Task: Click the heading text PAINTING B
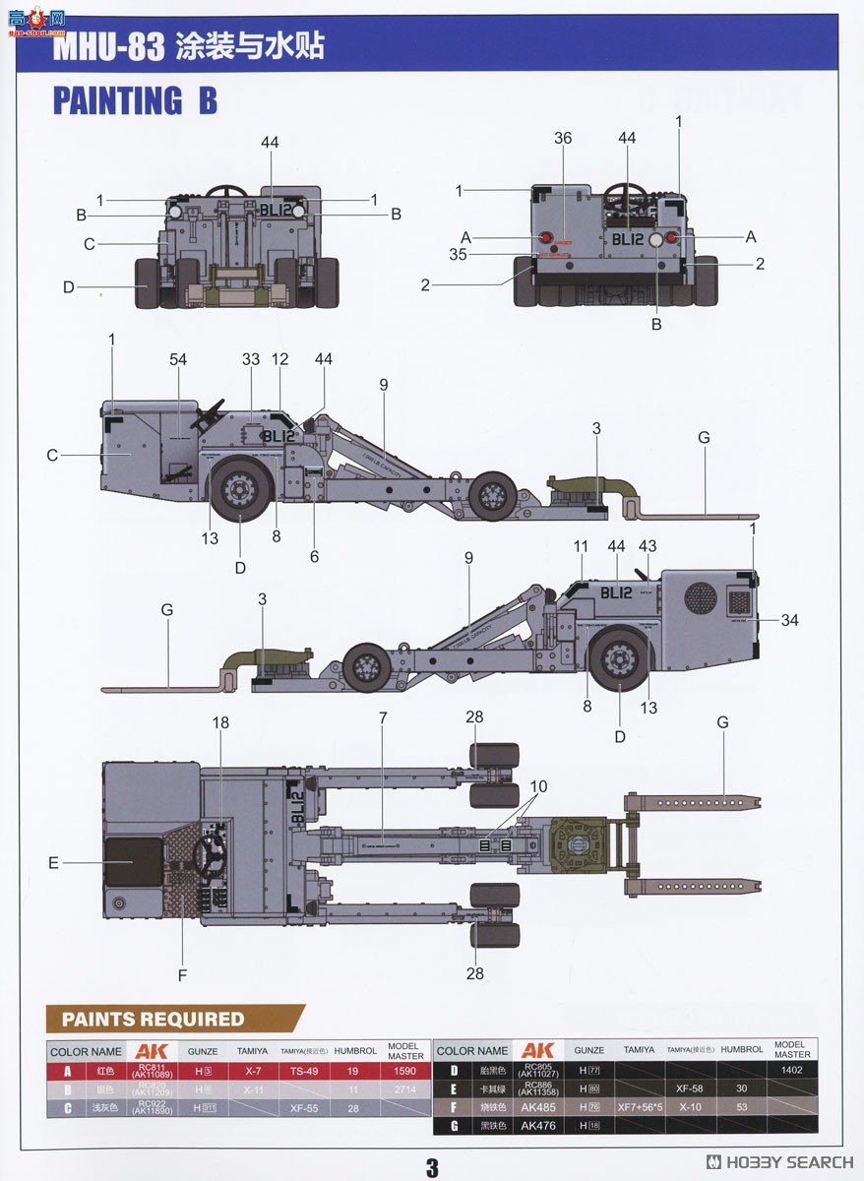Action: (x=135, y=101)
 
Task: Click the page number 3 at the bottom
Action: (x=431, y=1167)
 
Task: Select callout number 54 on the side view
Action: (x=178, y=360)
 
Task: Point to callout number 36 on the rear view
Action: (x=562, y=139)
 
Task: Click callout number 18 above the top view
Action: (x=220, y=722)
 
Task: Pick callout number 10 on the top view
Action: (x=538, y=786)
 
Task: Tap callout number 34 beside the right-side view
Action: (x=790, y=620)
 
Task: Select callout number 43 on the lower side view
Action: (x=647, y=546)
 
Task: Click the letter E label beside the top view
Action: (x=53, y=863)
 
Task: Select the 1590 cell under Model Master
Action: (x=403, y=1071)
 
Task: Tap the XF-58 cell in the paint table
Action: (x=688, y=1088)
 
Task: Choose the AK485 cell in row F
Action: (x=538, y=1107)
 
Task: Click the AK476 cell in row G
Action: (x=538, y=1126)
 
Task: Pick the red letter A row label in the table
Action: (x=67, y=1071)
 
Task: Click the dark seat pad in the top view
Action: (x=133, y=861)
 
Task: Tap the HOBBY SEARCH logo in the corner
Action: (x=779, y=1162)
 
